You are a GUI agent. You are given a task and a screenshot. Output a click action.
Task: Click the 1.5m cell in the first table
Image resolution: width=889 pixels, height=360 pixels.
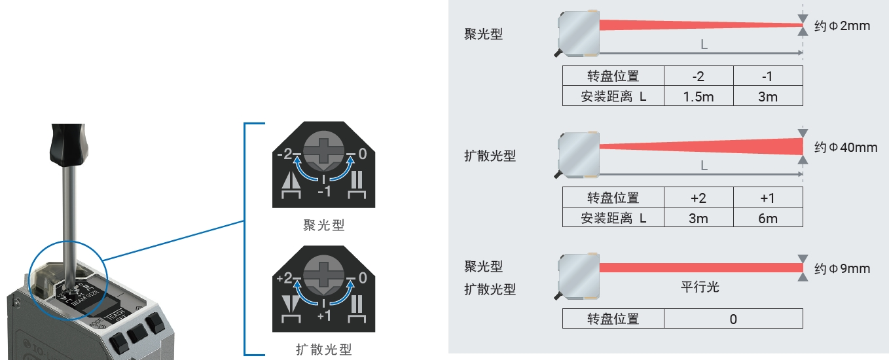pos(698,96)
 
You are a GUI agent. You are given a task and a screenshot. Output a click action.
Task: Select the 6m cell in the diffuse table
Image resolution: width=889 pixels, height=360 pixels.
pos(768,218)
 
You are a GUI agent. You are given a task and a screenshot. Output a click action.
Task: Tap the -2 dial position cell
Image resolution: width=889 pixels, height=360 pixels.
pos(698,76)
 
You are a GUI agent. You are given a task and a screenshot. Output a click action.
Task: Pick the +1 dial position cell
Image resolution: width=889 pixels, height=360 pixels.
pos(768,198)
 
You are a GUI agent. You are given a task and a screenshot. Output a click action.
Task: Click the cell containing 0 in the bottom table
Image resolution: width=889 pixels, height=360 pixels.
pos(733,319)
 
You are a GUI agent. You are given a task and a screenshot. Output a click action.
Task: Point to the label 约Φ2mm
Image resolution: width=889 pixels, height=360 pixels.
pos(843,27)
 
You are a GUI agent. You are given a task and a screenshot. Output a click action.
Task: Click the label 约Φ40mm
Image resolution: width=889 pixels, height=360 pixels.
pos(845,147)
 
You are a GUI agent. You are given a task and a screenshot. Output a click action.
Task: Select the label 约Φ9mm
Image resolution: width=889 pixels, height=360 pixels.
pos(843,268)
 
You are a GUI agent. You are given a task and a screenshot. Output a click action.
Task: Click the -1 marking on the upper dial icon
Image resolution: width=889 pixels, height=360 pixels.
pos(324,191)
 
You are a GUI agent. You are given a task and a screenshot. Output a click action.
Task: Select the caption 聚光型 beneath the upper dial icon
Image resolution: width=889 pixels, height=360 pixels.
pos(324,226)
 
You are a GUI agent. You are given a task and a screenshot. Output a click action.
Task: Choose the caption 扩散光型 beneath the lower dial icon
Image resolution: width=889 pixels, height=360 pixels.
pos(324,350)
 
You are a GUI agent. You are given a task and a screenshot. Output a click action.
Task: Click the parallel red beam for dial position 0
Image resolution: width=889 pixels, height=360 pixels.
pos(700,267)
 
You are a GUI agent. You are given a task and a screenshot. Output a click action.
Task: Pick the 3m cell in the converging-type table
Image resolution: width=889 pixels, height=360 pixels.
pos(768,96)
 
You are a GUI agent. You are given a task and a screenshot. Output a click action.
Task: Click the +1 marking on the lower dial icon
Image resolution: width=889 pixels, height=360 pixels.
pos(324,315)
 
